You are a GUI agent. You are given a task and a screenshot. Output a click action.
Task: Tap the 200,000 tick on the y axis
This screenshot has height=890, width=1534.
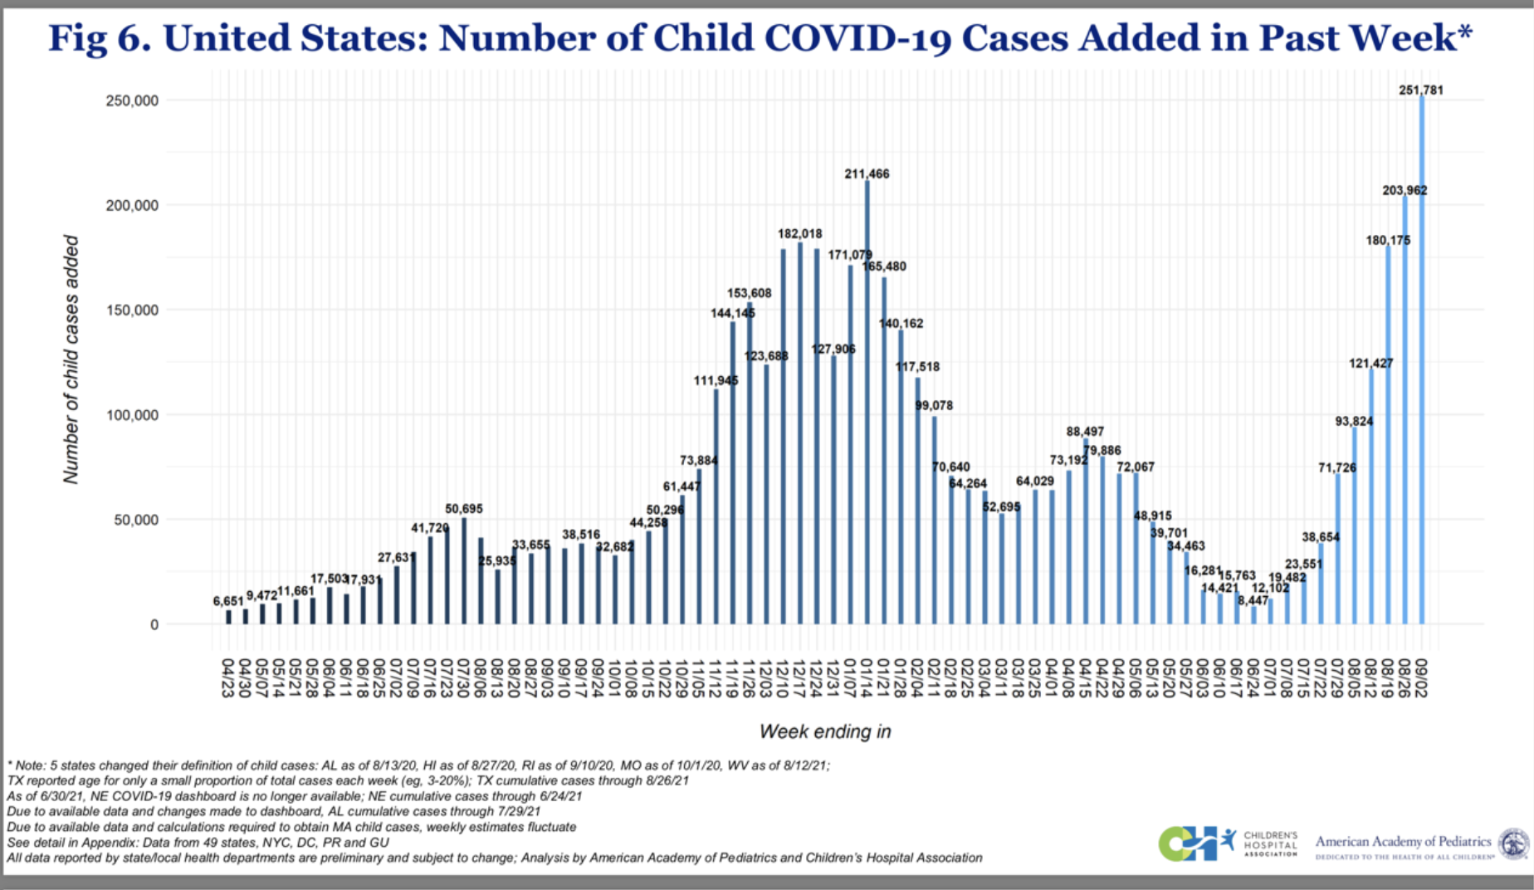(x=131, y=205)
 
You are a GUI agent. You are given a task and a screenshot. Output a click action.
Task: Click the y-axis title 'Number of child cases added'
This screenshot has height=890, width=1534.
(x=71, y=359)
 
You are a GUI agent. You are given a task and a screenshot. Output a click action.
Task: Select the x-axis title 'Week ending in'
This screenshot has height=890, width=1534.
(x=824, y=731)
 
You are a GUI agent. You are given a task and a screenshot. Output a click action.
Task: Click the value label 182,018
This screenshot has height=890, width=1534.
(x=799, y=234)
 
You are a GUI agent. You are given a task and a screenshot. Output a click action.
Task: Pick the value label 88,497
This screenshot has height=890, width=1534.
(x=1084, y=432)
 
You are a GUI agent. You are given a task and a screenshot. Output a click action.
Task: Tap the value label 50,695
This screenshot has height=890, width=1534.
(x=463, y=509)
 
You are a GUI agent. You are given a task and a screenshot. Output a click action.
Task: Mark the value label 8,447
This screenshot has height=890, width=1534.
(x=1253, y=600)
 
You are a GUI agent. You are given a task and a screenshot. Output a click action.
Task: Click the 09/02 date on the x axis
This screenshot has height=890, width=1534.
(x=1421, y=678)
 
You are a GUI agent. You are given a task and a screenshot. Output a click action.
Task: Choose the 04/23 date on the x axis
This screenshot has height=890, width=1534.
(x=227, y=678)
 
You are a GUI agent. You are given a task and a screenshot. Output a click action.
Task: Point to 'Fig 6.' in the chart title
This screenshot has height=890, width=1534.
(x=99, y=38)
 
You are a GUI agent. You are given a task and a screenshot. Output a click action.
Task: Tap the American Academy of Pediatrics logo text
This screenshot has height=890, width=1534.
(x=1403, y=842)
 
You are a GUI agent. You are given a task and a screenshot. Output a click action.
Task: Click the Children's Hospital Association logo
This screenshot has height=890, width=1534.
(x=1228, y=843)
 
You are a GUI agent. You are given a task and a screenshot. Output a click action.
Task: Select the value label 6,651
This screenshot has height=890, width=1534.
(x=228, y=601)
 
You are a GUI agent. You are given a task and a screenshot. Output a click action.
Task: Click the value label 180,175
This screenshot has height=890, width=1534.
(x=1388, y=241)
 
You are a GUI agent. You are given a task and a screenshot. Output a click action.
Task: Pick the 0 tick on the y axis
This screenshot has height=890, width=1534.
(x=154, y=624)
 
